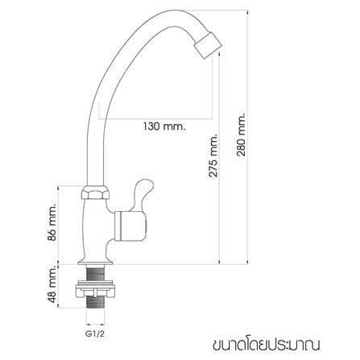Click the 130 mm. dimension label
point(164,126)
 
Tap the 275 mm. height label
point(214,155)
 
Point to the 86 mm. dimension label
point(52,221)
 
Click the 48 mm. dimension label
point(52,284)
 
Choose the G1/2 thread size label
point(95,334)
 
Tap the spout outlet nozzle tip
point(208,45)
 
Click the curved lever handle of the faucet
point(143,195)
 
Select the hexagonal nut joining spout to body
point(95,192)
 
